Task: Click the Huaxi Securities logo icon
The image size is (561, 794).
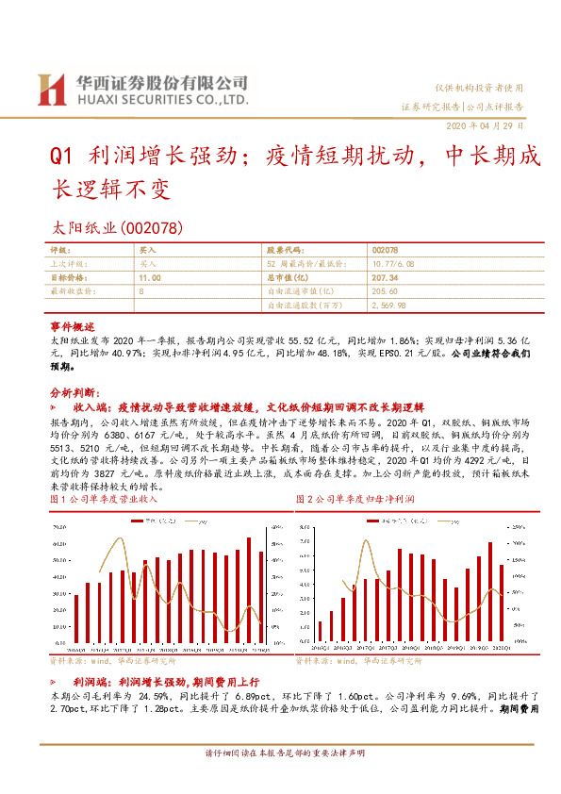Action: click(x=51, y=89)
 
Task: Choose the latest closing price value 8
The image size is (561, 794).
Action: click(x=141, y=292)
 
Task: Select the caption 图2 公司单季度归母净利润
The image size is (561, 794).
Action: click(x=355, y=498)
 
